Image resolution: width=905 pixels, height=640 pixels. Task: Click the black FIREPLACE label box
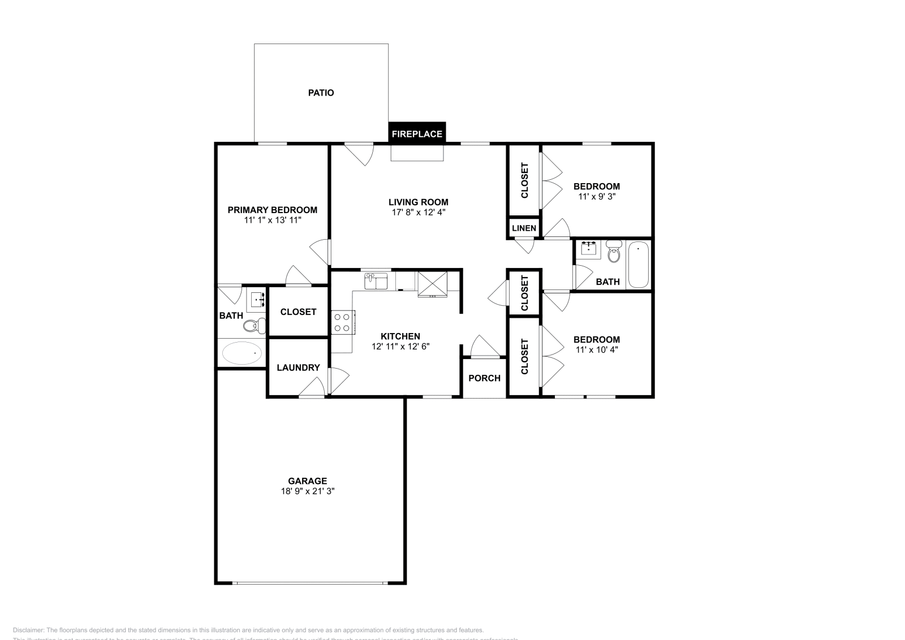click(x=417, y=134)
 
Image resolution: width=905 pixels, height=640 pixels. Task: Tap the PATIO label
click(x=321, y=93)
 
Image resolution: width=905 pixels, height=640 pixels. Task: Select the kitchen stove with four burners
click(x=342, y=322)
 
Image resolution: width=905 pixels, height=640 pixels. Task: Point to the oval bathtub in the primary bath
click(x=242, y=353)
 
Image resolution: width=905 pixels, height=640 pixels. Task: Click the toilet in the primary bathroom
click(x=253, y=325)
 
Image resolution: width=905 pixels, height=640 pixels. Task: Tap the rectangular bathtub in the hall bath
click(x=638, y=265)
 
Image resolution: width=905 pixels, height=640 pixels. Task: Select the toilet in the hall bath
click(x=614, y=252)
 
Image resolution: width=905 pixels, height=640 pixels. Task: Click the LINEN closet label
click(x=524, y=228)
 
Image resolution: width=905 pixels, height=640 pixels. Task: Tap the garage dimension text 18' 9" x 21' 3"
click(x=308, y=491)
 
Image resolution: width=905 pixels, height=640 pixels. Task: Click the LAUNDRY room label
click(x=298, y=367)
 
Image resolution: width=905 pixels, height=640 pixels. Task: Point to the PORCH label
click(x=485, y=378)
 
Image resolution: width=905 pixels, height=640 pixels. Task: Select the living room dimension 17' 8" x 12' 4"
click(x=419, y=212)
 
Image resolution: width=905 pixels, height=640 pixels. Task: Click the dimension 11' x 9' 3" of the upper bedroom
click(x=597, y=197)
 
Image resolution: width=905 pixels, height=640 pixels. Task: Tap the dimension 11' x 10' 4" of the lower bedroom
click(x=597, y=349)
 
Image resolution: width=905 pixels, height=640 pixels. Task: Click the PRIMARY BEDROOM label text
click(x=272, y=210)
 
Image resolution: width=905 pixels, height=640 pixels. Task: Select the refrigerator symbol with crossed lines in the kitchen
click(x=432, y=284)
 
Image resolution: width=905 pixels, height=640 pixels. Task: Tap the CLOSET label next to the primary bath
click(x=298, y=312)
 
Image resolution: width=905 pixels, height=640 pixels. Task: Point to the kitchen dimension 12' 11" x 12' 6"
click(x=400, y=347)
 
